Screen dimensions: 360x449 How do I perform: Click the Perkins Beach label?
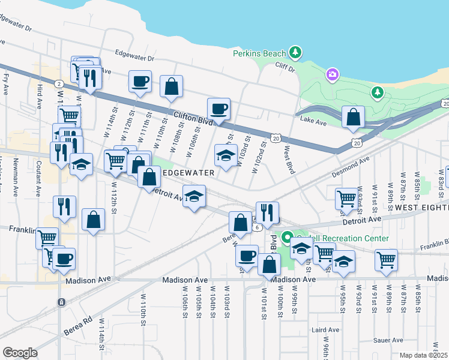pos(259,53)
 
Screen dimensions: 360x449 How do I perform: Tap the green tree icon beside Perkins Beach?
pos(295,53)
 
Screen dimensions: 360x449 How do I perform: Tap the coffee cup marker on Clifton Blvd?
pos(218,109)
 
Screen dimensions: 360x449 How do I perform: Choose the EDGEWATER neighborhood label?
pos(189,173)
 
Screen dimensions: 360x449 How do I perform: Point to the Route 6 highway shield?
pos(256,227)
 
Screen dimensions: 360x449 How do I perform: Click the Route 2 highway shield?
pos(59,83)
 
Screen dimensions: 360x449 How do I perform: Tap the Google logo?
pos(20,353)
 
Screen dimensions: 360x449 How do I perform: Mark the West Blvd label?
pos(289,160)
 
